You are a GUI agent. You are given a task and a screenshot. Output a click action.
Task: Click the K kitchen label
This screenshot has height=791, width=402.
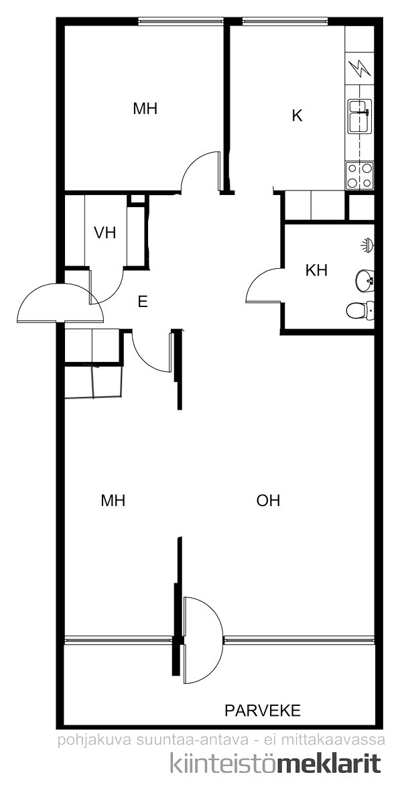pyautogui.click(x=297, y=116)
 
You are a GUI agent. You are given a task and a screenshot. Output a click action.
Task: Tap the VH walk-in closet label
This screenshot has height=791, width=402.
pyautogui.click(x=105, y=233)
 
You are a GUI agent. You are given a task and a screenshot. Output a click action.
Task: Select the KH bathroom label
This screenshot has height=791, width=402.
pyautogui.click(x=316, y=270)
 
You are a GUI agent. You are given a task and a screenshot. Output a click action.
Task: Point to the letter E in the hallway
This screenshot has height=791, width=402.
pyautogui.click(x=143, y=302)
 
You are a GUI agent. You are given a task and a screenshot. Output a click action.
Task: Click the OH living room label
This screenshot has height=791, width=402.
pyautogui.click(x=268, y=501)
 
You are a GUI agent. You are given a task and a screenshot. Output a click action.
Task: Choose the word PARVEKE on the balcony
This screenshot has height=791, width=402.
pyautogui.click(x=262, y=711)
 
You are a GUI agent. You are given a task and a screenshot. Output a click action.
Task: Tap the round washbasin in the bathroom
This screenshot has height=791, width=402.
pyautogui.click(x=364, y=280)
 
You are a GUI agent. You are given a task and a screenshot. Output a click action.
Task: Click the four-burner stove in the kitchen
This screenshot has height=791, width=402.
pyautogui.click(x=360, y=176)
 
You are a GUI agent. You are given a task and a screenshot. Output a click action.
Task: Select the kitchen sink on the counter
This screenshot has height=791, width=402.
pyautogui.click(x=360, y=116)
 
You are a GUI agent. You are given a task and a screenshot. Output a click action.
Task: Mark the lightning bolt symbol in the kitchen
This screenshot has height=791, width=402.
pyautogui.click(x=360, y=68)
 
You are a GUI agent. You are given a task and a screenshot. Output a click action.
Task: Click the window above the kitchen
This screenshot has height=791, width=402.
pyautogui.click(x=285, y=21)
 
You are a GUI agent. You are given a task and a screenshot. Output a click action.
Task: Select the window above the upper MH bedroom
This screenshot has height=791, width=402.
pyautogui.click(x=181, y=21)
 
